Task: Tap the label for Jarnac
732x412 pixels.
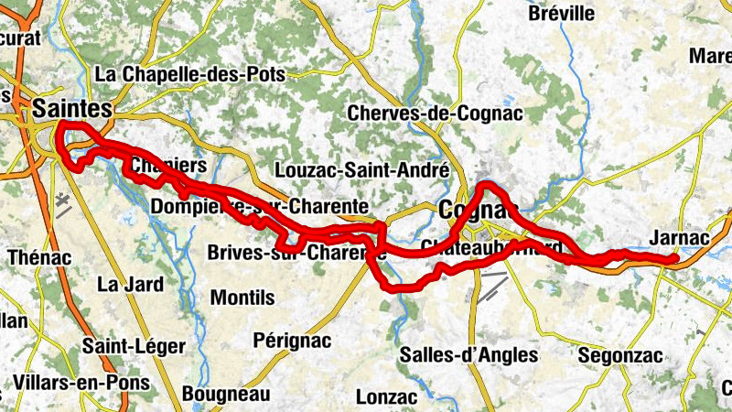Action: [679, 237]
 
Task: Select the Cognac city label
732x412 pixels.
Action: [472, 210]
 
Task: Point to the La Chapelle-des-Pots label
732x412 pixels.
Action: [190, 74]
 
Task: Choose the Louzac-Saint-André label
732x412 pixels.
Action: [362, 170]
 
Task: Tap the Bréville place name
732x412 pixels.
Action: [562, 14]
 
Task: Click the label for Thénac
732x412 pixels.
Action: [39, 257]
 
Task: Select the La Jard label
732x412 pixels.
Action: [130, 284]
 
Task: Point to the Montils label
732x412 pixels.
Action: [242, 298]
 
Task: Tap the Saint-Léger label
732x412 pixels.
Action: [134, 346]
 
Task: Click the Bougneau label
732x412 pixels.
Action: [226, 395]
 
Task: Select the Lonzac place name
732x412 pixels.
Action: [386, 397]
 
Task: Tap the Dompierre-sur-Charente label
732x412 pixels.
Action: [260, 207]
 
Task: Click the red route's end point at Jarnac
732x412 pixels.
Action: [674, 259]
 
